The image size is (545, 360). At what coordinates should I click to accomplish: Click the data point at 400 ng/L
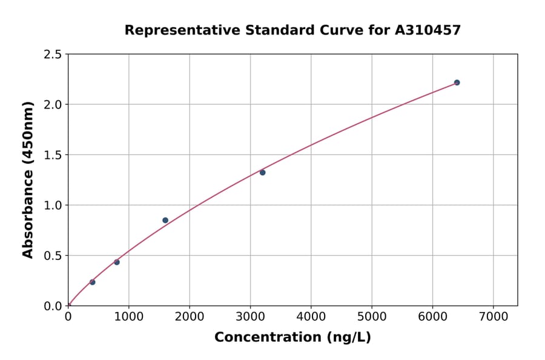(x=92, y=282)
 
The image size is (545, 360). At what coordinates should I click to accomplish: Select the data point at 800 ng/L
(x=117, y=262)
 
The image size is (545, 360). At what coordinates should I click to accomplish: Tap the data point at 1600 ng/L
(x=165, y=220)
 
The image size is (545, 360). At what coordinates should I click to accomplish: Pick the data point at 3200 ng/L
(x=262, y=172)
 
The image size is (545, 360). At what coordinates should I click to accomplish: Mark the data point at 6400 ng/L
(x=457, y=82)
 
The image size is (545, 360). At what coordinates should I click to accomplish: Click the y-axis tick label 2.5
(x=53, y=55)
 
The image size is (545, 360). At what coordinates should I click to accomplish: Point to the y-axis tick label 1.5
(x=53, y=155)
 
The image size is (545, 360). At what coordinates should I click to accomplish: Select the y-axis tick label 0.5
(x=53, y=256)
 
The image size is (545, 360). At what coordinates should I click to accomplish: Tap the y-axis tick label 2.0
(x=53, y=105)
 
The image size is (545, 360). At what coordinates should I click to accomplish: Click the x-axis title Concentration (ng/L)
(x=292, y=338)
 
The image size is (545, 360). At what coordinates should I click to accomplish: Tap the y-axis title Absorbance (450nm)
(x=28, y=179)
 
